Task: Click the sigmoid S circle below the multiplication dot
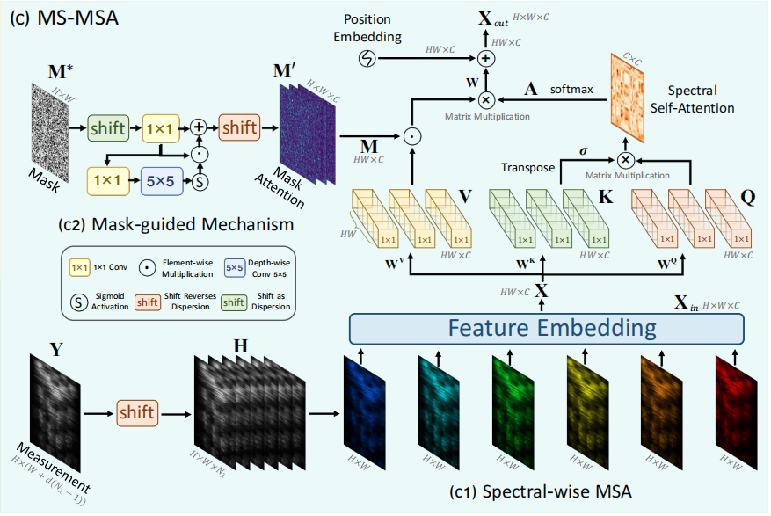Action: click(x=199, y=182)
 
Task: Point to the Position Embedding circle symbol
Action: click(x=367, y=58)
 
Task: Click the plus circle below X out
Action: click(x=486, y=58)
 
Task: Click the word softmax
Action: click(x=571, y=89)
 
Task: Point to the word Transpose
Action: click(x=529, y=166)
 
